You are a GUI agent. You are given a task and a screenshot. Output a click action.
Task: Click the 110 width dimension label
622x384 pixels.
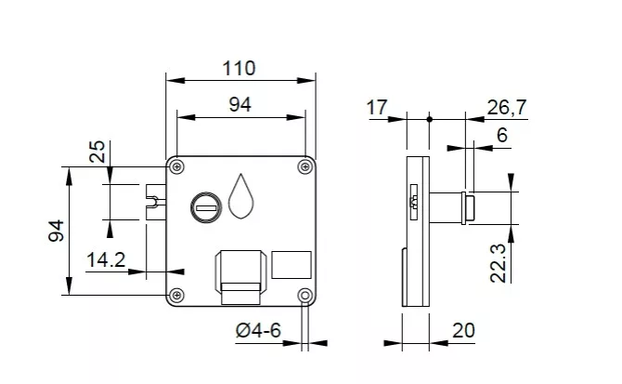(x=239, y=69)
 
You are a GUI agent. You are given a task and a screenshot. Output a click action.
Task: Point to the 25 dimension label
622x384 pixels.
(x=97, y=152)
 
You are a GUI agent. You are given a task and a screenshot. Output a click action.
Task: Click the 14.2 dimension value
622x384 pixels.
(x=106, y=260)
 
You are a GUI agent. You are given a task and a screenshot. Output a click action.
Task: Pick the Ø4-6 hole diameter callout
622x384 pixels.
(x=258, y=330)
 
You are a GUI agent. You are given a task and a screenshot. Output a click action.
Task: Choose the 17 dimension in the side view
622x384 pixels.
(x=376, y=108)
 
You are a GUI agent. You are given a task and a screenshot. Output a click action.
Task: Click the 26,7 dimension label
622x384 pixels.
(x=507, y=108)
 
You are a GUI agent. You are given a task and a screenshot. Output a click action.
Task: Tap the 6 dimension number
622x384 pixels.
(x=502, y=136)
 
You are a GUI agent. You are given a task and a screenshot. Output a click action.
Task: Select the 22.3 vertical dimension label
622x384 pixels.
(x=499, y=263)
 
